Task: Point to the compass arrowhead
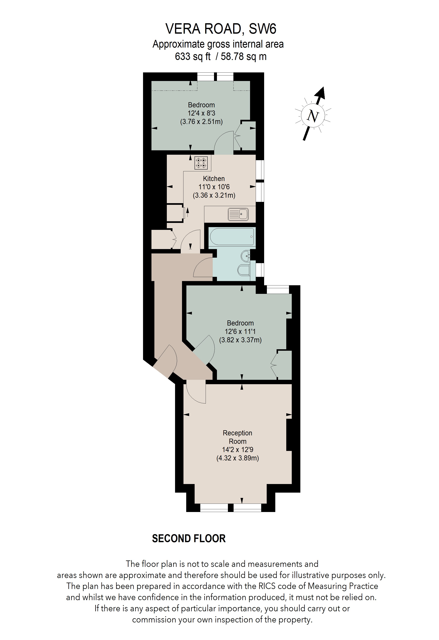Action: click(321, 93)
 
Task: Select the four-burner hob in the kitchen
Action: click(201, 163)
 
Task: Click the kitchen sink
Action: click(238, 214)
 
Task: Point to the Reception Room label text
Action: click(237, 437)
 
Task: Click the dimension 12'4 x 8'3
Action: click(201, 113)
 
